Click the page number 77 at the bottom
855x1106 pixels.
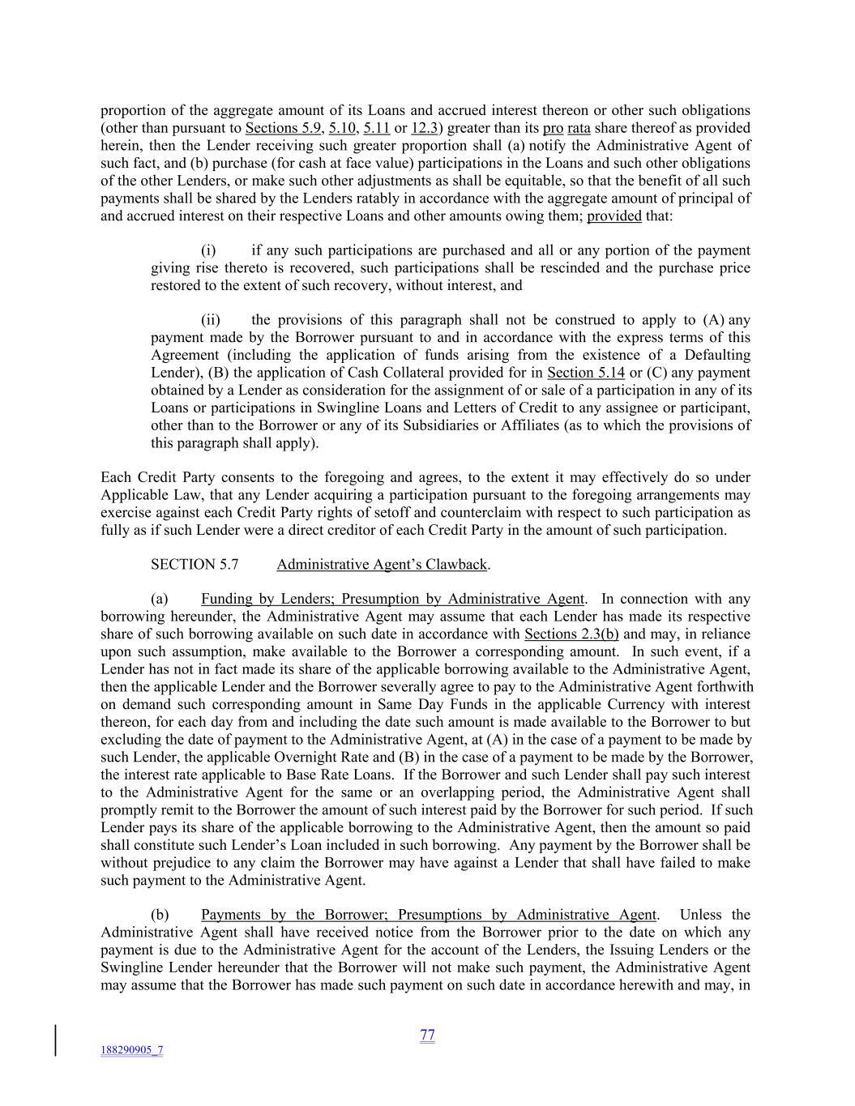428,1035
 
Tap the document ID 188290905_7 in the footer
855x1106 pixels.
131,1050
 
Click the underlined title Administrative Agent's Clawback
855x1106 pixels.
382,565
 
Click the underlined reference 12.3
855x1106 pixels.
425,128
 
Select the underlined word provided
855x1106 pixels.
613,216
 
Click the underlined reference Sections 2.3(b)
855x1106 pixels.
571,634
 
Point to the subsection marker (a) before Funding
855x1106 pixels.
160,600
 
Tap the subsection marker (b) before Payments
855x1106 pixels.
160,916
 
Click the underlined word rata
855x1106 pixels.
579,128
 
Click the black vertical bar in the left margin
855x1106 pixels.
56,1040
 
